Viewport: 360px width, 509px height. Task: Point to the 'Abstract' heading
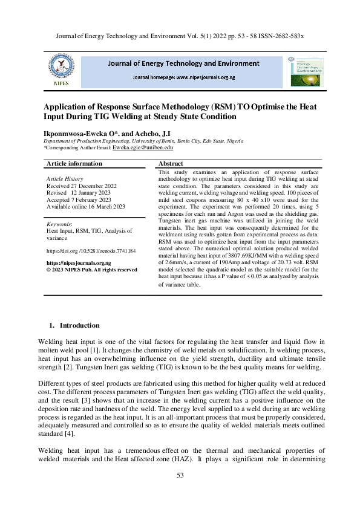(x=171, y=164)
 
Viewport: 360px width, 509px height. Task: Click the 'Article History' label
(x=65, y=180)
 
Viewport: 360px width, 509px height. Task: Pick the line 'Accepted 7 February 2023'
(x=79, y=199)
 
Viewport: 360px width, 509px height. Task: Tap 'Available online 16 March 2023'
(x=86, y=207)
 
